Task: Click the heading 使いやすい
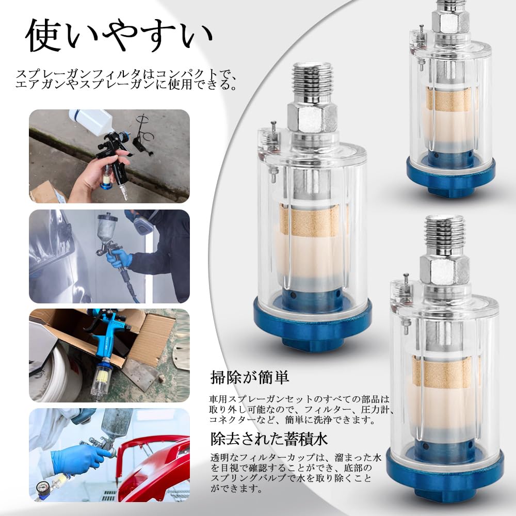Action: point(119,37)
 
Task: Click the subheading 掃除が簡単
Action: point(249,377)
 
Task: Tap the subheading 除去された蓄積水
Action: point(269,439)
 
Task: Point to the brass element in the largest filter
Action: point(313,220)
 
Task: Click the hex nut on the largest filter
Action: point(312,117)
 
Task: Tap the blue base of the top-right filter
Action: point(450,178)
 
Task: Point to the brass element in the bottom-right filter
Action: point(445,370)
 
